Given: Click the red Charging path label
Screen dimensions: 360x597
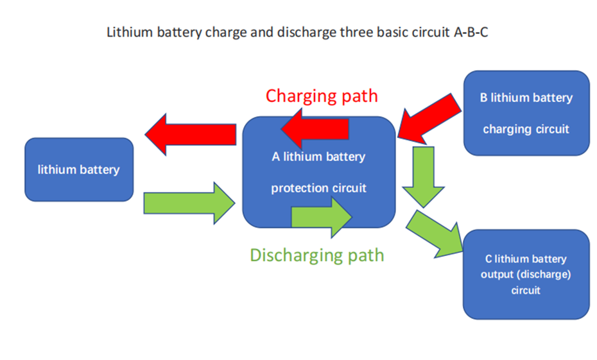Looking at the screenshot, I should (322, 96).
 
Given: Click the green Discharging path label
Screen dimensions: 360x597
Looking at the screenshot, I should (317, 255).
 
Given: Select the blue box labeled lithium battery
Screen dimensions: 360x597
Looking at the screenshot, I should (79, 170).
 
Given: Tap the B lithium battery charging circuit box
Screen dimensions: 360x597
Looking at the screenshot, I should (526, 113).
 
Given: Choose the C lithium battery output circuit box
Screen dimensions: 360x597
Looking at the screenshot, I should (526, 275).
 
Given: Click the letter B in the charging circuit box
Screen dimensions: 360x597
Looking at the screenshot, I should (483, 98).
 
